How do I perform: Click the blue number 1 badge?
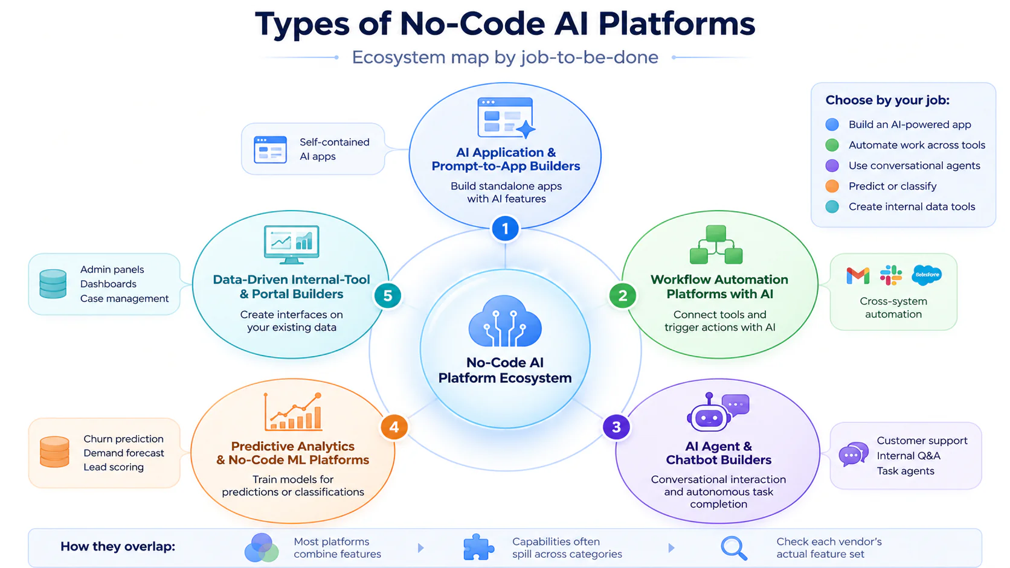pos(505,229)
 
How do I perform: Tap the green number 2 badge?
pos(623,296)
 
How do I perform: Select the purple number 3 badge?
pos(616,427)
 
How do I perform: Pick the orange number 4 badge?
pos(394,427)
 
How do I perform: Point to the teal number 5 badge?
pos(387,296)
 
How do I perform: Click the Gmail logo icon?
pos(858,276)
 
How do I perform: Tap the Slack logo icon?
pos(891,275)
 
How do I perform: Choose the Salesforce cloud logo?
pos(927,275)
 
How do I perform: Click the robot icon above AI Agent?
pos(709,413)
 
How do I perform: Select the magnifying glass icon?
pos(733,548)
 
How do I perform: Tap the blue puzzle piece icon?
pos(478,547)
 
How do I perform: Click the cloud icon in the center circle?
pos(505,321)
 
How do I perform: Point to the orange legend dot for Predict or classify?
pos(832,186)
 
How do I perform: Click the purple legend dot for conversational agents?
pos(832,165)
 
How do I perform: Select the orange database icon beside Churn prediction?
pos(54,452)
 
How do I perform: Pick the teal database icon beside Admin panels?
pos(53,284)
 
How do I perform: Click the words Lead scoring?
pos(114,467)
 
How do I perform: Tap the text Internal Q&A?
pos(909,456)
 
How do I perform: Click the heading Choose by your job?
pos(887,100)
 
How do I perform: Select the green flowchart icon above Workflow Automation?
pos(716,244)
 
